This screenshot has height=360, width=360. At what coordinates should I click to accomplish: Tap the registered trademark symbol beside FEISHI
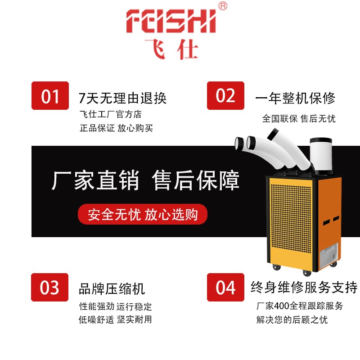coord(222,6)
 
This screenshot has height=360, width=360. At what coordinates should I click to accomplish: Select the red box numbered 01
coord(50,95)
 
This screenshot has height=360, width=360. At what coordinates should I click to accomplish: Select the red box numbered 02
coord(225,95)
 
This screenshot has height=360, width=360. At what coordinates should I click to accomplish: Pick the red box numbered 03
coord(50,287)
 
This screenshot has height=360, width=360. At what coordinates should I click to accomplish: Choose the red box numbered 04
coord(225,287)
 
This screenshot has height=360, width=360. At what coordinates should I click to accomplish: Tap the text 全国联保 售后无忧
coord(299,119)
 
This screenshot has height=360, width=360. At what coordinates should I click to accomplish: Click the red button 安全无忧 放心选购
coord(143,214)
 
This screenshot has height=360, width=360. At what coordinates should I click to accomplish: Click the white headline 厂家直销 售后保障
coord(145,180)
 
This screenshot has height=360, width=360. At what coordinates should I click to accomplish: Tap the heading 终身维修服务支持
coord(304,287)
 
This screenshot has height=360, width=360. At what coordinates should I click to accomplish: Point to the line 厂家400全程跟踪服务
coord(300,306)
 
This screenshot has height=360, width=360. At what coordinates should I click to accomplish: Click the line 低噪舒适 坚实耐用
coord(116,319)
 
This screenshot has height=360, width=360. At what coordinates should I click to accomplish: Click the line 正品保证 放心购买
coord(116,128)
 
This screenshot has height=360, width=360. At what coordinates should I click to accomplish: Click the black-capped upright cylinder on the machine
coord(320,155)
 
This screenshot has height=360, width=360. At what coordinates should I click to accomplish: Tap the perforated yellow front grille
coord(288,216)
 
